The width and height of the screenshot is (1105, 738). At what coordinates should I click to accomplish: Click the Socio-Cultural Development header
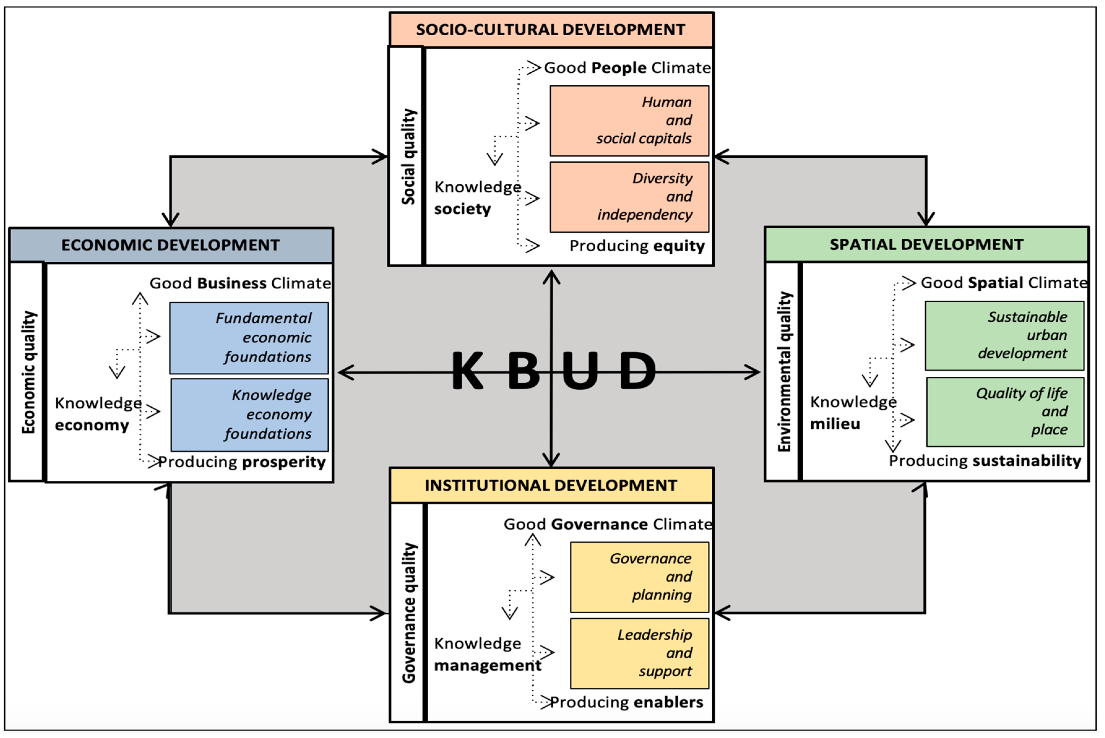click(551, 30)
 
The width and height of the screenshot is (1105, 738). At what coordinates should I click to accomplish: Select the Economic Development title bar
click(170, 245)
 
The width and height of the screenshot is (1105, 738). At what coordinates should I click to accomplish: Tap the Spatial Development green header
click(926, 244)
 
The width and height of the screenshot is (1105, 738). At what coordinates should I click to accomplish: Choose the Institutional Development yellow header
click(551, 485)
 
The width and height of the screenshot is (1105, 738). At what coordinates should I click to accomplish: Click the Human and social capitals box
click(629, 121)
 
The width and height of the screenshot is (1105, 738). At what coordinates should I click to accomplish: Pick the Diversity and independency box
click(629, 197)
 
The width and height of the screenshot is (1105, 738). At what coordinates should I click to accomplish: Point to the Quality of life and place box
click(1005, 411)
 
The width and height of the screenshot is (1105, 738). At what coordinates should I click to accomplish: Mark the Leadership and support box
click(639, 653)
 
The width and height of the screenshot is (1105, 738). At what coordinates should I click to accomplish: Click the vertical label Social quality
click(408, 157)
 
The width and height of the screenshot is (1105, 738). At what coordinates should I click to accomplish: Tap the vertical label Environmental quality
click(784, 371)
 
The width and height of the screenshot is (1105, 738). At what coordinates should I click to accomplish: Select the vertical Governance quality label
click(409, 612)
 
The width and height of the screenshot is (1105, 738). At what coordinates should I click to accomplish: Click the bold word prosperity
click(283, 462)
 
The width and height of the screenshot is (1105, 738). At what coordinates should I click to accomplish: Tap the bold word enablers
click(668, 702)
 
